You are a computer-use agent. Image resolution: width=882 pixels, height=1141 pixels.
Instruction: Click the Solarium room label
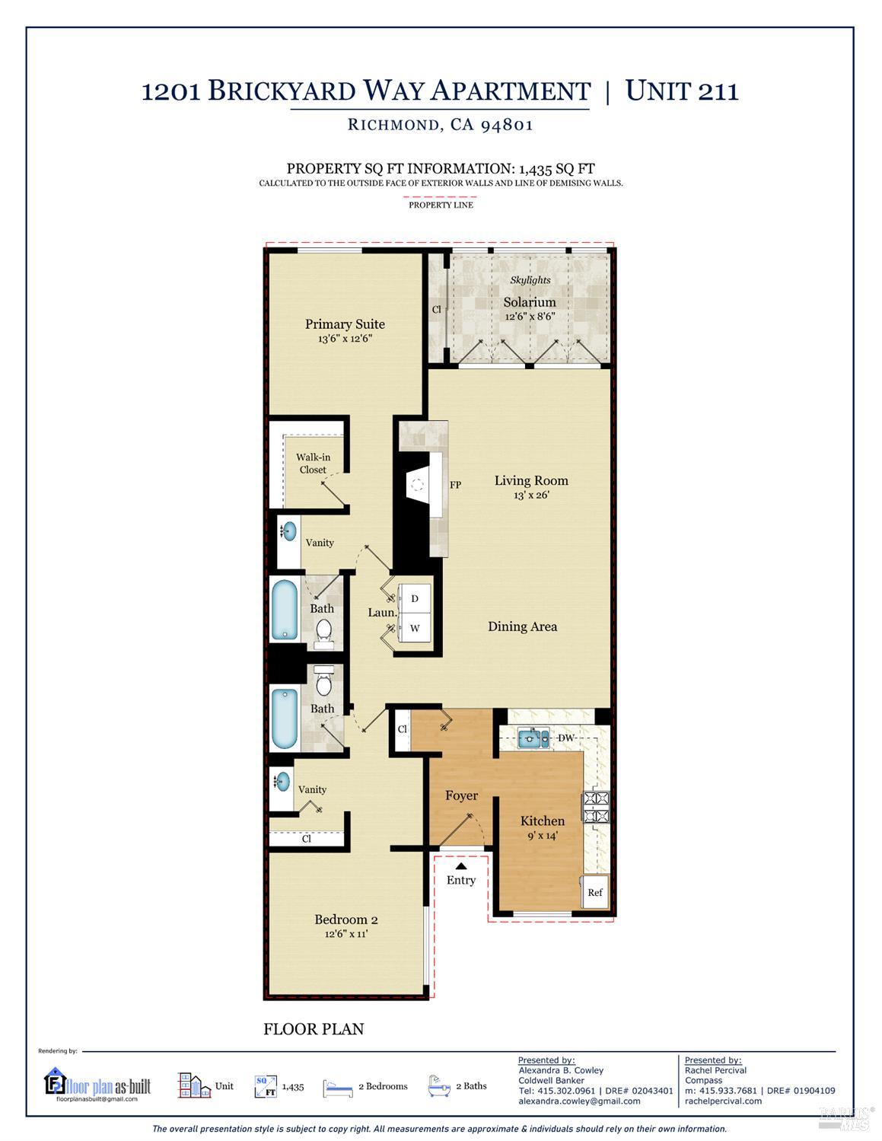click(x=529, y=302)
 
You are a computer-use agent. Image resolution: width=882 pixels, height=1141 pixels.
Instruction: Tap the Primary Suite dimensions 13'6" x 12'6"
click(x=345, y=339)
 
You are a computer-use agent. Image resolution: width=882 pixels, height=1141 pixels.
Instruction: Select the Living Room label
click(x=531, y=480)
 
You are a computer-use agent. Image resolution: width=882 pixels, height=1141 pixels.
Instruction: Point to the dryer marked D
click(x=414, y=599)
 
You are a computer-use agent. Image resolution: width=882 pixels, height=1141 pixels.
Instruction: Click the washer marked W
click(x=414, y=629)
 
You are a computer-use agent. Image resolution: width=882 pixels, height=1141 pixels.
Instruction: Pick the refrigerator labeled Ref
click(x=594, y=892)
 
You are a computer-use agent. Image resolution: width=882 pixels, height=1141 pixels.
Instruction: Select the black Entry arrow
click(x=460, y=865)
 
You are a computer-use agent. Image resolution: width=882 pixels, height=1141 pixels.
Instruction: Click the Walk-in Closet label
click(x=313, y=464)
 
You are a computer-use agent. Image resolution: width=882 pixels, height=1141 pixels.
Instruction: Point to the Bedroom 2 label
click(x=345, y=919)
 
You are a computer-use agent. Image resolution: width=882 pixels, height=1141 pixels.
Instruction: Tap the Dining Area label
click(x=522, y=626)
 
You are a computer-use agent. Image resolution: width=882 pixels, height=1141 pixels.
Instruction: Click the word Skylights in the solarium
click(x=530, y=280)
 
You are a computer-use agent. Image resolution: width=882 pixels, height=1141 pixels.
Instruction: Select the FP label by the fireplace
click(x=455, y=485)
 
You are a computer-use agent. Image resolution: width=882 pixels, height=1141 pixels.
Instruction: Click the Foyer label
click(x=461, y=795)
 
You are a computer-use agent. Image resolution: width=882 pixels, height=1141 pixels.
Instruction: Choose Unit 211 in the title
click(x=681, y=91)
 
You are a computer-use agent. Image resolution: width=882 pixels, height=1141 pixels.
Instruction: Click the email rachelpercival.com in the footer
click(x=722, y=1101)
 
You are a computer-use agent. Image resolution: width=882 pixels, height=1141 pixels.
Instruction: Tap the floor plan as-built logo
click(x=97, y=1085)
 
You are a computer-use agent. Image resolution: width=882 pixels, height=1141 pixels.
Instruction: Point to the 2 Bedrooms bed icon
click(x=337, y=1087)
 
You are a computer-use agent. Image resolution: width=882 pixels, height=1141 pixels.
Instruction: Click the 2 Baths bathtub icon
click(x=439, y=1085)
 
